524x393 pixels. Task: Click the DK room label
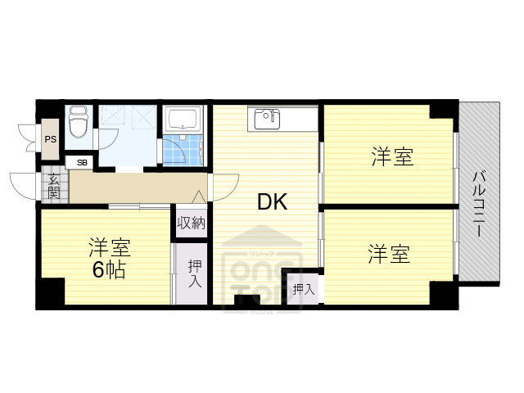pos(273,201)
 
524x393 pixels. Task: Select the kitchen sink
pos(266,119)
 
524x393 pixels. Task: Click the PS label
pos(51,140)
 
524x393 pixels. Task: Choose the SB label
pos(81,162)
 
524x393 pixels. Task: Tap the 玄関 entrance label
pos(53,187)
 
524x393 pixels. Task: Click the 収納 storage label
pos(192,222)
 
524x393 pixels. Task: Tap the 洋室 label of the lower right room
pos(387,253)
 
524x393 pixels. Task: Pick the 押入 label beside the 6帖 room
pos(196,273)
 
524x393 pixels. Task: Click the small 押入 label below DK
pos(303,288)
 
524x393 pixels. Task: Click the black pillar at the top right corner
pos(444,109)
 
